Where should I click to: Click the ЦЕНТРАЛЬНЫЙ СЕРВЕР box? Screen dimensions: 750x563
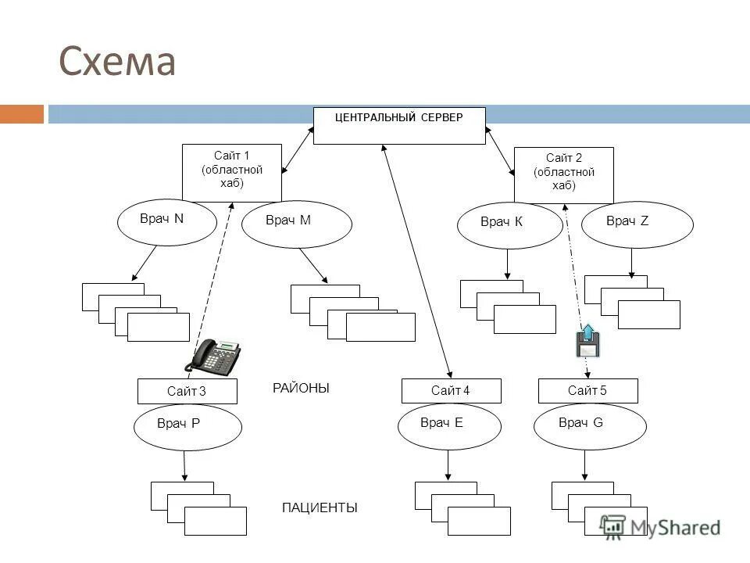(x=399, y=126)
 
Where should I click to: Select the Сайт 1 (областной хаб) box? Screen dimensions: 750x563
(x=232, y=173)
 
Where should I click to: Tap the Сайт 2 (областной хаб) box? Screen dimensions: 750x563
(x=564, y=175)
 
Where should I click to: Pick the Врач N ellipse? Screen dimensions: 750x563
(x=167, y=223)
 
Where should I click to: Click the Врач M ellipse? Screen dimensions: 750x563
(x=297, y=224)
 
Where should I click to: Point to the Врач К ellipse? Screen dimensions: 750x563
(x=510, y=225)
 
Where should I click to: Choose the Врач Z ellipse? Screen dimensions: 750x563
(x=637, y=224)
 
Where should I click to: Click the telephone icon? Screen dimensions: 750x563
(x=212, y=357)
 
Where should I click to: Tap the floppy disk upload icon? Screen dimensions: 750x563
(x=587, y=341)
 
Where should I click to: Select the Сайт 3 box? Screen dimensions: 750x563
(x=187, y=392)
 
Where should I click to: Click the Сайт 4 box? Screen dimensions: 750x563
(x=451, y=391)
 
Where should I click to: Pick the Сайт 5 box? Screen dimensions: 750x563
(x=587, y=391)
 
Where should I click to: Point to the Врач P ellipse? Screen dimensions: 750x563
(x=187, y=428)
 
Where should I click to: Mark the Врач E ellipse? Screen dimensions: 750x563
(x=450, y=426)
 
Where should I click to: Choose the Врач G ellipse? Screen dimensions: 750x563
(x=590, y=427)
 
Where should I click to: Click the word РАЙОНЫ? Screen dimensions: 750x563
(x=301, y=389)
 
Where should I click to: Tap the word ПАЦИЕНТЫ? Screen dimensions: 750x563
(x=320, y=507)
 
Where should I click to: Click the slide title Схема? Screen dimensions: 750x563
(x=117, y=61)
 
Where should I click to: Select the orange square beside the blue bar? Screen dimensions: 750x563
(x=22, y=114)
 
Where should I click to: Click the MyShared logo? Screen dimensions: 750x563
(x=660, y=528)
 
